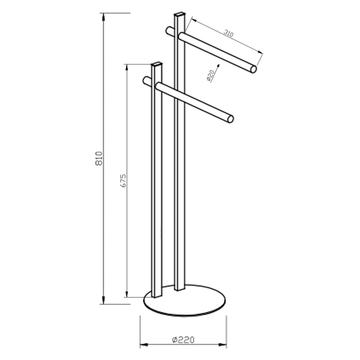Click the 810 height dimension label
pyautogui.click(x=99, y=158)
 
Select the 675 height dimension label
pyautogui.click(x=123, y=181)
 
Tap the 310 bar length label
pyautogui.click(x=229, y=33)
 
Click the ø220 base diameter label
pyautogui.click(x=183, y=339)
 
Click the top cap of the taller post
pyautogui.click(x=180, y=14)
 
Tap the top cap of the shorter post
pyautogui.click(x=157, y=65)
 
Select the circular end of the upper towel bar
pyautogui.click(x=253, y=69)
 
